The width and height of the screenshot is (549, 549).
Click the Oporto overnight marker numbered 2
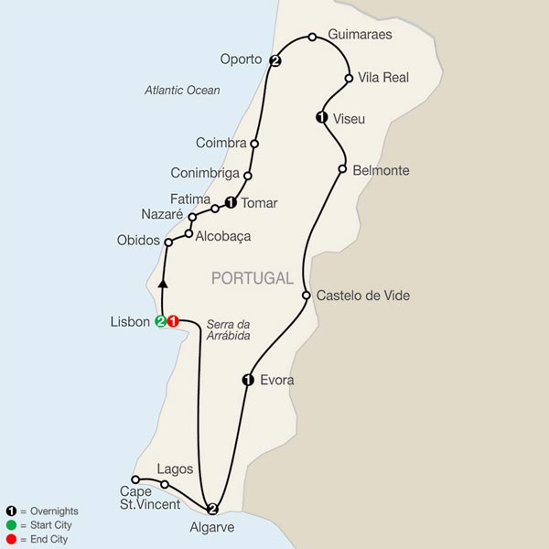tap(274, 61)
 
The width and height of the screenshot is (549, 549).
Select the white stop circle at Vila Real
tap(350, 79)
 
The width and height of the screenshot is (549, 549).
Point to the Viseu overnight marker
tap(321, 116)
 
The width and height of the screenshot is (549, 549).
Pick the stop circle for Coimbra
tap(254, 144)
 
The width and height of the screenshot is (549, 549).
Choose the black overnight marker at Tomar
tap(231, 203)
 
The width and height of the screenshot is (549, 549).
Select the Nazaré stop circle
tap(192, 217)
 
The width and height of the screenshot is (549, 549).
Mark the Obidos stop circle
tap(168, 242)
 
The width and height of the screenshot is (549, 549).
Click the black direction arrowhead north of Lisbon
tap(162, 284)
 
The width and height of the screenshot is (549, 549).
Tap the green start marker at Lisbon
tap(160, 321)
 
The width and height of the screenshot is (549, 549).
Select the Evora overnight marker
tap(246, 380)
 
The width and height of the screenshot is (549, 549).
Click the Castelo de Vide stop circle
tap(307, 296)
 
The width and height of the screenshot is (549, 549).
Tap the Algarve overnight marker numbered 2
tap(212, 510)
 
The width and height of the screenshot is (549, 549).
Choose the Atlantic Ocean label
tap(184, 90)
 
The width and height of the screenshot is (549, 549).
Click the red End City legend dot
tap(10, 540)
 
